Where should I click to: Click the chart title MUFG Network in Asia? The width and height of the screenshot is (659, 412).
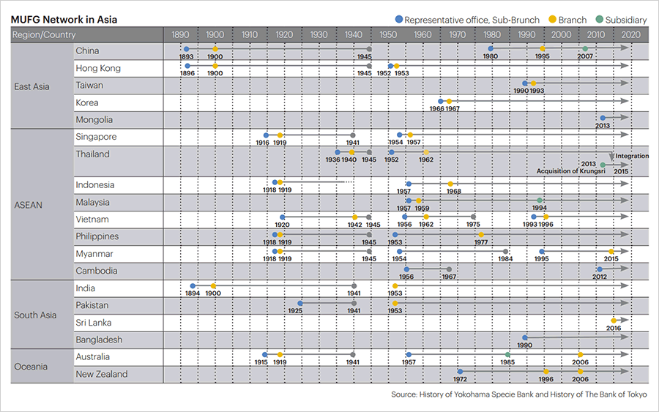(64, 20)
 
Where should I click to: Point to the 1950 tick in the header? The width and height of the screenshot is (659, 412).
(387, 34)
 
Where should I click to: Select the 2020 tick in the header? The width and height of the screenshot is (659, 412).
(629, 34)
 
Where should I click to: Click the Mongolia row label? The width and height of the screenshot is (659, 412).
(95, 120)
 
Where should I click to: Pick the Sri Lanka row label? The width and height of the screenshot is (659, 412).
(94, 323)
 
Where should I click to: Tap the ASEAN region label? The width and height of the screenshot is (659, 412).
(29, 205)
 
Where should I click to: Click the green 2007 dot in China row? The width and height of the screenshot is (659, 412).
(585, 49)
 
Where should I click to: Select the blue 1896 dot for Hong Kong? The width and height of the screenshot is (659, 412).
(187, 66)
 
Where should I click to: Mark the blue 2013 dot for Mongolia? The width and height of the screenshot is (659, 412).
(603, 118)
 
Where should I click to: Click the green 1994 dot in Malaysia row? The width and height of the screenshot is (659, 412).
(540, 201)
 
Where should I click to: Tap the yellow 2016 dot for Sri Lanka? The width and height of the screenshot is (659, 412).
(614, 321)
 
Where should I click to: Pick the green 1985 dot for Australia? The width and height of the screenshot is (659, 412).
(507, 355)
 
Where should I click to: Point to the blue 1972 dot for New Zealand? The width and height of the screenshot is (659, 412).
(460, 372)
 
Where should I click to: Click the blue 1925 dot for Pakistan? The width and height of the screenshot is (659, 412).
(300, 303)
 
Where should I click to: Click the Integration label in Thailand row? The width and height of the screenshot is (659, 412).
(632, 156)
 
